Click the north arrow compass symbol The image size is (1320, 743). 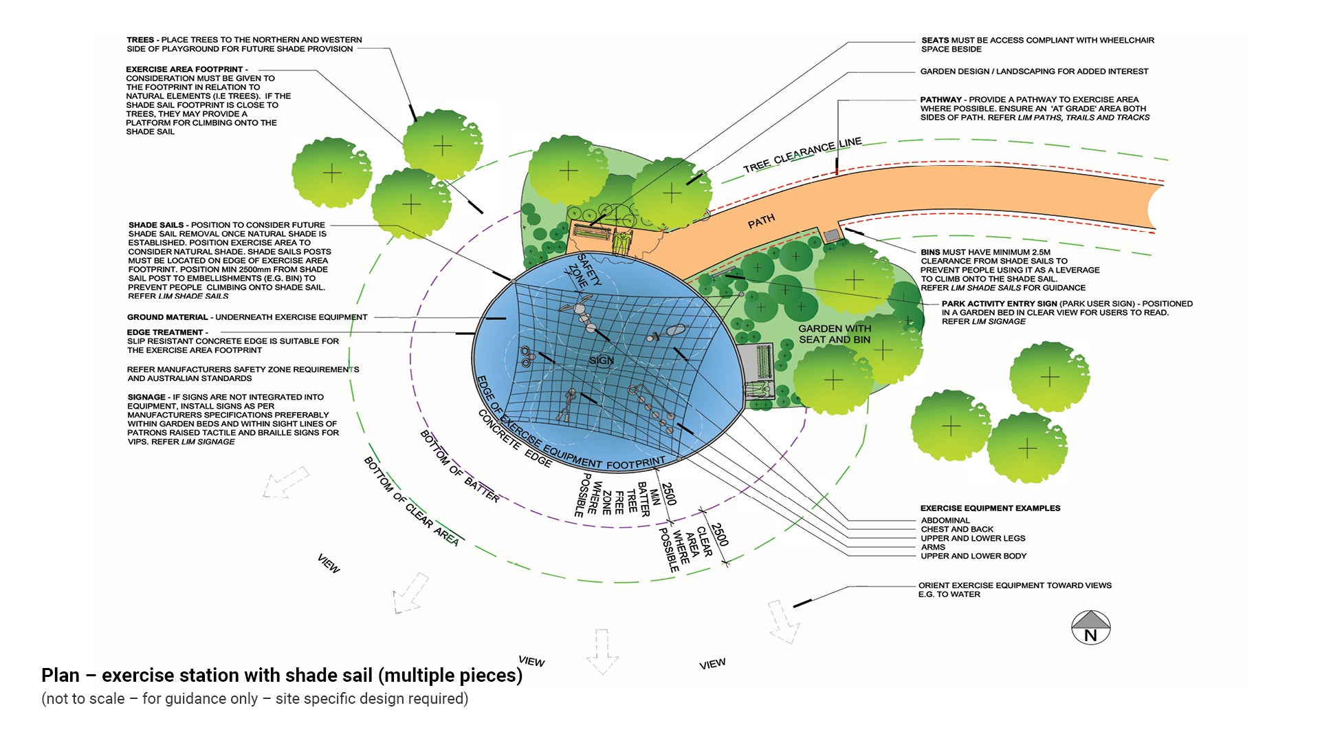[x=1090, y=627]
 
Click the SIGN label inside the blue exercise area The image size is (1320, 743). [x=601, y=360]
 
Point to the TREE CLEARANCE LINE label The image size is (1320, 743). [x=802, y=155]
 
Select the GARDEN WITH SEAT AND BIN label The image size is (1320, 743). [x=834, y=334]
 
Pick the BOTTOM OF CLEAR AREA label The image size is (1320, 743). [x=411, y=501]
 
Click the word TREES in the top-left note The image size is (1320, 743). [x=141, y=40]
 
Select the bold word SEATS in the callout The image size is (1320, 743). [x=935, y=41]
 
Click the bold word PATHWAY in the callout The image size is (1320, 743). [x=940, y=100]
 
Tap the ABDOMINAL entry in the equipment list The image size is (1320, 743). [x=945, y=521]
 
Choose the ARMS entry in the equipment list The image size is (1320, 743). [x=933, y=548]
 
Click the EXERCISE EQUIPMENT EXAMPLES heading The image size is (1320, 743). [x=990, y=508]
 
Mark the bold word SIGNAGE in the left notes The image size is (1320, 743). [x=146, y=398]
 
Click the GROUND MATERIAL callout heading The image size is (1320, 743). [x=167, y=318]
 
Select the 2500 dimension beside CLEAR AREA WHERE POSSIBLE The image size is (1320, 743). [x=718, y=535]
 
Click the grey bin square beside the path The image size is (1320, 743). [x=832, y=236]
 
